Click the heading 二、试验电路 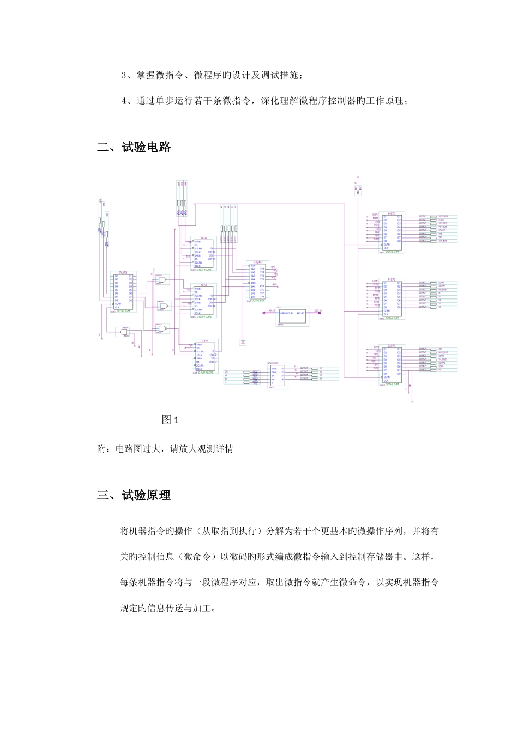[x=134, y=147]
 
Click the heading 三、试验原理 [x=134, y=495]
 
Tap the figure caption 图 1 [x=170, y=419]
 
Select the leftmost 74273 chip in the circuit [x=124, y=291]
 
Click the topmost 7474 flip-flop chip [x=203, y=254]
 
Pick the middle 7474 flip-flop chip [x=203, y=301]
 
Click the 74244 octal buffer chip [x=257, y=281]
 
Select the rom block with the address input [x=292, y=315]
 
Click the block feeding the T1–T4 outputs [x=278, y=375]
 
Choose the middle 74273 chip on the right [x=391, y=299]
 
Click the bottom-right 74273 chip [x=391, y=364]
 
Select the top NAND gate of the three [x=161, y=280]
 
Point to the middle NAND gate [x=162, y=306]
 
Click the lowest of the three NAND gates [x=162, y=328]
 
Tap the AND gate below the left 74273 [x=125, y=332]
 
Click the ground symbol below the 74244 [x=243, y=342]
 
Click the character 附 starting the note [x=101, y=449]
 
